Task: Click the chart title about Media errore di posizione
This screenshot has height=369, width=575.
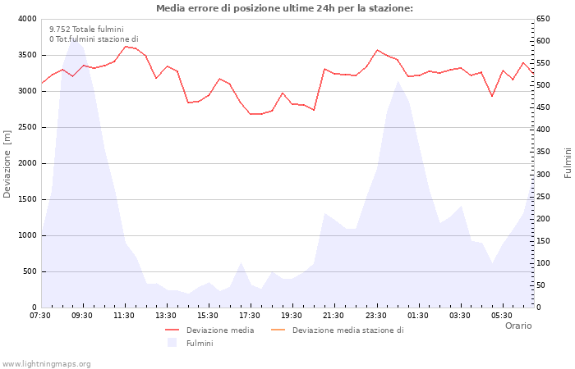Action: pyautogui.click(x=284, y=8)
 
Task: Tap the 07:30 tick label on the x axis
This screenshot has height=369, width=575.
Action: pyautogui.click(x=40, y=316)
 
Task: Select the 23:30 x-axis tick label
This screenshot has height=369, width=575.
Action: pyautogui.click(x=376, y=316)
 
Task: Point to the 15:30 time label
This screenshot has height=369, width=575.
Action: pyautogui.click(x=208, y=316)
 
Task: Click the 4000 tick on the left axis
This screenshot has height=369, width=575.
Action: pyautogui.click(x=26, y=19)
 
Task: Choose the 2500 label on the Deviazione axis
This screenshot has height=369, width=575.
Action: pyautogui.click(x=26, y=127)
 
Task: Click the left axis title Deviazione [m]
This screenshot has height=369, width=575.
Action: pyautogui.click(x=8, y=163)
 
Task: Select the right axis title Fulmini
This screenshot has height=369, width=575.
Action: pyautogui.click(x=568, y=163)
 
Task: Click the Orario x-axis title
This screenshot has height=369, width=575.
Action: pyautogui.click(x=517, y=326)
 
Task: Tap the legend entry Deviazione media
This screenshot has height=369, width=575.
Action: pyautogui.click(x=219, y=330)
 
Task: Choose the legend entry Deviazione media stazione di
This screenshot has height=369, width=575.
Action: pyautogui.click(x=347, y=330)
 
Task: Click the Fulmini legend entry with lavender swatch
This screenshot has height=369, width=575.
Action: pyautogui.click(x=199, y=344)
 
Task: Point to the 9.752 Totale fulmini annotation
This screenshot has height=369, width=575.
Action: pyautogui.click(x=86, y=29)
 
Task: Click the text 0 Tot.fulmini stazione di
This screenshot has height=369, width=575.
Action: pyautogui.click(x=94, y=39)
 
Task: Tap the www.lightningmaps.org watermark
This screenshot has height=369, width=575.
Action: pyautogui.click(x=47, y=363)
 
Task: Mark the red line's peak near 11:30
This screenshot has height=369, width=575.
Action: pyautogui.click(x=125, y=46)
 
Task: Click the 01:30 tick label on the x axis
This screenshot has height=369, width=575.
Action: pyautogui.click(x=418, y=316)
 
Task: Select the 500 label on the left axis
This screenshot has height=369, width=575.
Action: pyautogui.click(x=29, y=271)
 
